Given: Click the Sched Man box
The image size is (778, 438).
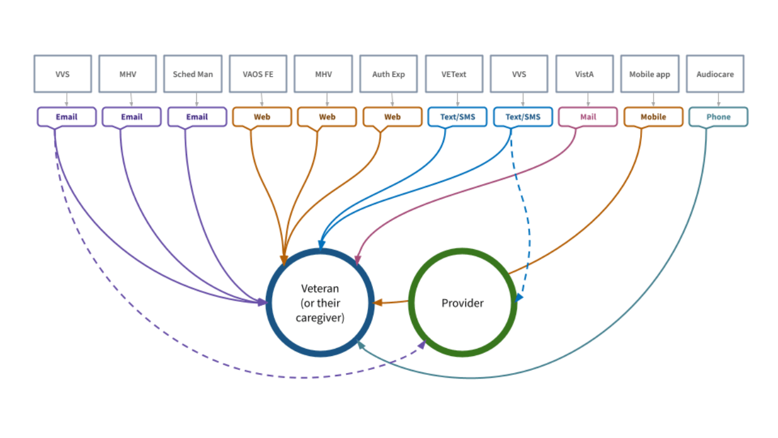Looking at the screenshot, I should coord(193,74).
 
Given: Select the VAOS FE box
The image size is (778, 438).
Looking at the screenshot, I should coord(258,74).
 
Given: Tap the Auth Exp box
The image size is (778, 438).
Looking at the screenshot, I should coord(389,74).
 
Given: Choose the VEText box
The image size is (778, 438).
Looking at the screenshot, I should coord(454,74).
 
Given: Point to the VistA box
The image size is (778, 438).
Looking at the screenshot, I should coord(584,74).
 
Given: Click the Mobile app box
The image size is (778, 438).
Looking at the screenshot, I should coord(649,74).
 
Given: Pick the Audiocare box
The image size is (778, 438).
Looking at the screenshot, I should coord(715,74).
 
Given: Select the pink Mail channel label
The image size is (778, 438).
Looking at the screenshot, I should coord(588,117).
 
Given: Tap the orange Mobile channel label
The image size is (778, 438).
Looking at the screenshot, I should coord(653,117).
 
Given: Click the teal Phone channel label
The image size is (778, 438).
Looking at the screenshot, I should coord(718,117).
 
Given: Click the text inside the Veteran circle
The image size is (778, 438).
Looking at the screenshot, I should coord(320,303).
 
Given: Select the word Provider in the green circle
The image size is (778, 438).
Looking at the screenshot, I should coord(462,303).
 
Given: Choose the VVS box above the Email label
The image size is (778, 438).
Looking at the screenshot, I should coord(63,74).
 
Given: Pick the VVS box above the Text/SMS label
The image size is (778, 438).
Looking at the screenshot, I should coord(519,74).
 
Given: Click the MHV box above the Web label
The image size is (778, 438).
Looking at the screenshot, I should coord(323,74).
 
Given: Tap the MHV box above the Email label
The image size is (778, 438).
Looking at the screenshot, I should coord(128,74).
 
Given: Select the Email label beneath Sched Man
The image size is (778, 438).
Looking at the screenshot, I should coord(197,117).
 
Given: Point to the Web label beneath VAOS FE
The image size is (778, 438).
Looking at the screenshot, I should coord(262,117).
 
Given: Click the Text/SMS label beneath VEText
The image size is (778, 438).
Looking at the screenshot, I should coord(457,117).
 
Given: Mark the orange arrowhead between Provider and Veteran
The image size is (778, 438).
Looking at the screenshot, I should coord(377,302).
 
